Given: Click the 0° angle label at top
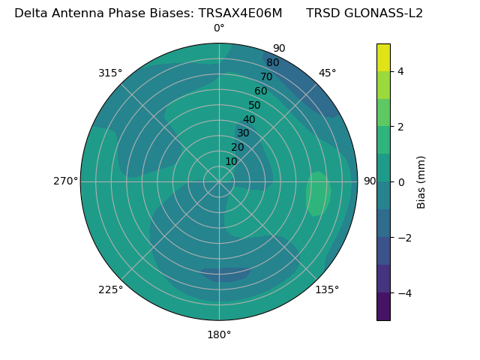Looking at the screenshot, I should pyautogui.click(x=219, y=28).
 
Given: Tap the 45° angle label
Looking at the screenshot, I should pyautogui.click(x=327, y=73).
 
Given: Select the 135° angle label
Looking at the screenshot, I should pyautogui.click(x=327, y=289).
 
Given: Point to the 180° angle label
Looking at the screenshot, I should pyautogui.click(x=219, y=334).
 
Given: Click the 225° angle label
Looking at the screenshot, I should pyautogui.click(x=110, y=289).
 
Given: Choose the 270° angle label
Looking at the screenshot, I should pyautogui.click(x=65, y=181).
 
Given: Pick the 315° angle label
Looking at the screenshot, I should pyautogui.click(x=110, y=73).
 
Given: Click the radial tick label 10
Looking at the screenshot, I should pyautogui.click(x=231, y=161).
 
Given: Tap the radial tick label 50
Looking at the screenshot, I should pyautogui.click(x=255, y=105).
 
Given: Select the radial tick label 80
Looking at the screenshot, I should pyautogui.click(x=273, y=62).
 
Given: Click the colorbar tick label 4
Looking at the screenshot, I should pyautogui.click(x=401, y=71).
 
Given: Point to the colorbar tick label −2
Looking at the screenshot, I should pyautogui.click(x=403, y=238).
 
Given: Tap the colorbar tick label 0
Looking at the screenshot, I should pyautogui.click(x=401, y=182).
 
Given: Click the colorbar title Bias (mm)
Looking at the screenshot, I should pyautogui.click(x=421, y=181).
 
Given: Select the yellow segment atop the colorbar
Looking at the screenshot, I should pyautogui.click(x=383, y=57).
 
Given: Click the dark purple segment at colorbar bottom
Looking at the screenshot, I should pyautogui.click(x=383, y=307).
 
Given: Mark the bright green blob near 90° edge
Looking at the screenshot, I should pyautogui.click(x=318, y=193).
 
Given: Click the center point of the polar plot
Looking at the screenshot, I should pyautogui.click(x=219, y=181).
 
